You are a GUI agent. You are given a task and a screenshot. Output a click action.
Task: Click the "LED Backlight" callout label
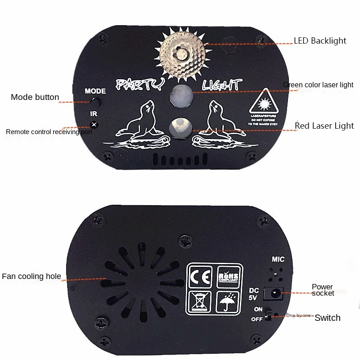coord(320,41)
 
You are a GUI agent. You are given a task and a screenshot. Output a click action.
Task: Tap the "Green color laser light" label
coord(318,85)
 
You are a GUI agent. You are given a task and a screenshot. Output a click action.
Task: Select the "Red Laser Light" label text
coord(324,126)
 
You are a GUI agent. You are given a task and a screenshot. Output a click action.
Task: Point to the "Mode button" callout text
coord(35,97)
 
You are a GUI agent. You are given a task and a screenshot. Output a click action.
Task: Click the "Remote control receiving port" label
coord(49,132)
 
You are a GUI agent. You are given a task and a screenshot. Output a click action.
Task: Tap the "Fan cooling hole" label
coord(31,276)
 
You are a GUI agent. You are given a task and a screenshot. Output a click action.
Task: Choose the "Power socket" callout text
coord(323,290)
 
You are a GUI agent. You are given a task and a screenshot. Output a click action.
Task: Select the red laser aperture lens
coord(180,127)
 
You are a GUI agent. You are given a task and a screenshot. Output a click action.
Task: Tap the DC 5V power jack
coord(274,293)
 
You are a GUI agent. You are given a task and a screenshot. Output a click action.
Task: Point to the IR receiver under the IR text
coord(94,125)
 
